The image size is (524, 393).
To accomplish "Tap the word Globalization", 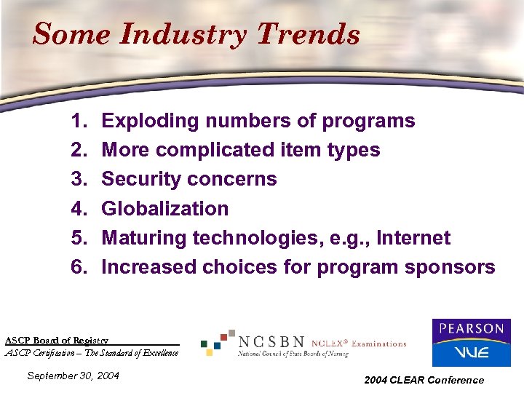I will (x=165, y=209).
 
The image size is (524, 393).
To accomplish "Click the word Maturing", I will (x=143, y=238).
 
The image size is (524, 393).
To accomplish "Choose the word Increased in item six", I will (x=148, y=267).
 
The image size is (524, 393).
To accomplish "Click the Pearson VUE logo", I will (x=471, y=343).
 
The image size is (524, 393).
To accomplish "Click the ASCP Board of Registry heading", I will (x=57, y=340).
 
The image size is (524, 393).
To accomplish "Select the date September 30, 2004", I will (x=73, y=376).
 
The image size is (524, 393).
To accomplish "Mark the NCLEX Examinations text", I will (x=359, y=344).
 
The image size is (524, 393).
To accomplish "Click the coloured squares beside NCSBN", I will (x=218, y=342).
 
